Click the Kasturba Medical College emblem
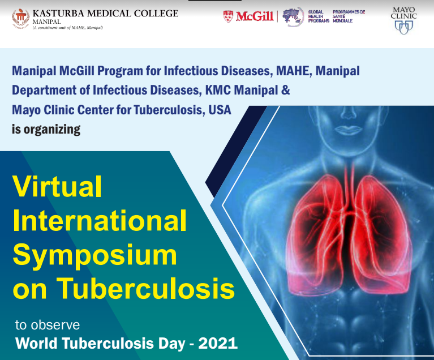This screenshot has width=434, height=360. click(x=21, y=19)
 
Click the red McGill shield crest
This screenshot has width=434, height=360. click(x=229, y=16)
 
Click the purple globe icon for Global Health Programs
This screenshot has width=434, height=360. click(x=292, y=18)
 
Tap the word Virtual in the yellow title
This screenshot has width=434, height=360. click(x=57, y=186)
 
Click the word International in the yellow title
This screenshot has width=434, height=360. click(x=99, y=220)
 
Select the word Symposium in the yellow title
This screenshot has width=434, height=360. click(x=94, y=254)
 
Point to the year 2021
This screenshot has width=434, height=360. click(x=217, y=343)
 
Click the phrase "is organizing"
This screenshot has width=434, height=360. click(x=46, y=129)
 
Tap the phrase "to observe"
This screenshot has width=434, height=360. click(x=47, y=325)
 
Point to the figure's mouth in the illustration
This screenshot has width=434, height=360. click(x=346, y=128)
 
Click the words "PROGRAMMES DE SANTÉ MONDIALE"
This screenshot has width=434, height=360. click(x=349, y=16)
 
